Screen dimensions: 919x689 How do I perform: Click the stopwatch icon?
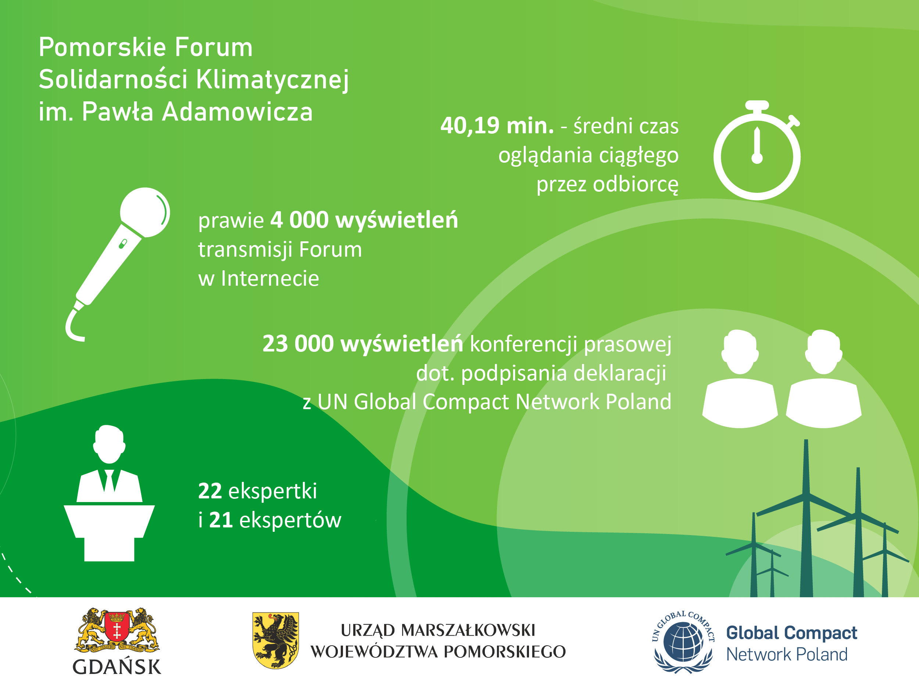click(x=757, y=150)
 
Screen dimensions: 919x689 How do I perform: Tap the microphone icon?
click(x=118, y=264)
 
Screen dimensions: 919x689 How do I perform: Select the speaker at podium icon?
click(x=109, y=493)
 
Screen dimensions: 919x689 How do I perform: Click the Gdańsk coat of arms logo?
click(x=117, y=630)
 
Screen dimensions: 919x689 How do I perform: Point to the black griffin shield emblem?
click(x=276, y=640)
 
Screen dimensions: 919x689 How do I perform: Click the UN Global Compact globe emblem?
click(x=683, y=642)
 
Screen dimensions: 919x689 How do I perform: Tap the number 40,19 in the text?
click(x=470, y=125)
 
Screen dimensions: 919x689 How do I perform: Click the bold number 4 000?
click(x=300, y=220)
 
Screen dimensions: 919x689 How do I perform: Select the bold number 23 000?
click(x=298, y=344)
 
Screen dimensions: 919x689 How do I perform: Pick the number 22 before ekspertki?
click(x=210, y=491)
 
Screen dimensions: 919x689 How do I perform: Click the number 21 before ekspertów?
click(x=221, y=520)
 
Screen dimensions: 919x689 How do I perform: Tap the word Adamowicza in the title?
click(x=237, y=112)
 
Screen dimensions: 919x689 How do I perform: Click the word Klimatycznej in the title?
click(x=272, y=80)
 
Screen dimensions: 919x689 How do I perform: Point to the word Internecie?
click(x=270, y=278)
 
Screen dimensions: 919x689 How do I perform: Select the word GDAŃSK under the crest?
click(x=117, y=667)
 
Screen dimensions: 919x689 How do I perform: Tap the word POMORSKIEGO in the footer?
click(x=505, y=652)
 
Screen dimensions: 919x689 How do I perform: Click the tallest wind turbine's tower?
click(x=806, y=519)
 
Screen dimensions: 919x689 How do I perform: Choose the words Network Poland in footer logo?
click(x=787, y=654)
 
